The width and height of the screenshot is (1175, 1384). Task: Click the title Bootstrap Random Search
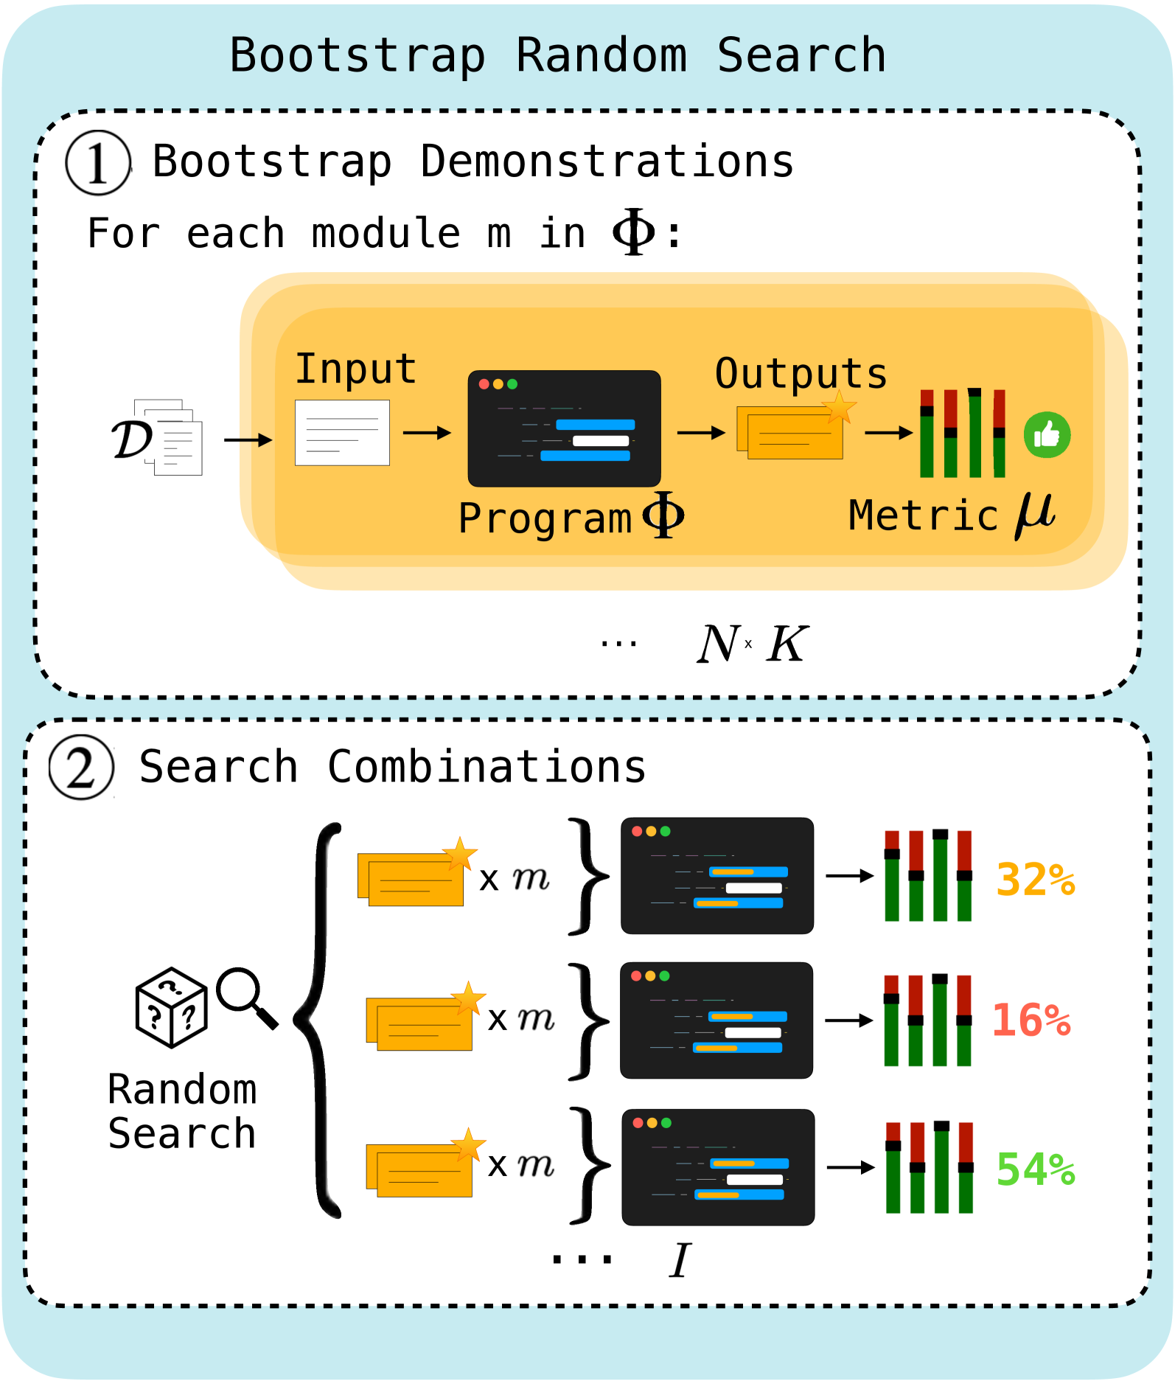[x=557, y=56]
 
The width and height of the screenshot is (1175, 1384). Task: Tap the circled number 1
[x=98, y=163]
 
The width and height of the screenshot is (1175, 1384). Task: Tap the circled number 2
[x=81, y=768]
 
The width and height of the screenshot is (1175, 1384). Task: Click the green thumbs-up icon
[x=1047, y=435]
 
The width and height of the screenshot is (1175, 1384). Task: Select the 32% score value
[x=1036, y=879]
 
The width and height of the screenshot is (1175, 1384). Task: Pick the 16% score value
[x=1031, y=1020]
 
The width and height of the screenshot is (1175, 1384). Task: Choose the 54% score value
[x=1036, y=1169]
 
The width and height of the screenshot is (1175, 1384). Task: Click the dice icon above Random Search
[x=171, y=1007]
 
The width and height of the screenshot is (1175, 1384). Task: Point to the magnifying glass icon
[x=247, y=998]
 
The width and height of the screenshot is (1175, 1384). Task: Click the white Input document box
[x=342, y=433]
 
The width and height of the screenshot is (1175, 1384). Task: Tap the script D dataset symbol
[x=133, y=439]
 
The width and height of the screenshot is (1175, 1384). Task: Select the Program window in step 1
[x=564, y=428]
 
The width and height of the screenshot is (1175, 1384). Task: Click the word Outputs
[x=801, y=373]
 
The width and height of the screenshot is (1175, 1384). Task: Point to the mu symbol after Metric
[x=1035, y=514]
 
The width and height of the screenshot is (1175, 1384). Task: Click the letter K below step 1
[x=787, y=644]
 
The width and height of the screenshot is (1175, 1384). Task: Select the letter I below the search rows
[x=680, y=1259]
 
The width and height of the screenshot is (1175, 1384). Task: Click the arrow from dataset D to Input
[x=248, y=440]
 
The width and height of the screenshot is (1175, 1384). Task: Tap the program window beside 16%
[x=716, y=1020]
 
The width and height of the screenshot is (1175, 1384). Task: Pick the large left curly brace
[x=318, y=1020]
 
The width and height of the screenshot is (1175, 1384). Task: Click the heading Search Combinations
[x=392, y=767]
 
